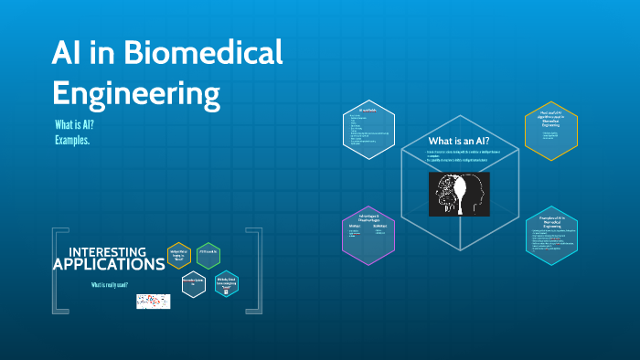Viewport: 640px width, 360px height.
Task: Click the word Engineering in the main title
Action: tap(136, 93)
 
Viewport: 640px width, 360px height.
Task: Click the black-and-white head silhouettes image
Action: tap(459, 194)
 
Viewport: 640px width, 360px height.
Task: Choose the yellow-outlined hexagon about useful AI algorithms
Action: tap(550, 131)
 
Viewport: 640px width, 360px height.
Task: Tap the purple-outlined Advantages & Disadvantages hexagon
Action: tap(368, 235)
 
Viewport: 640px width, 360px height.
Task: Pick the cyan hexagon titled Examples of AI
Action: tap(551, 235)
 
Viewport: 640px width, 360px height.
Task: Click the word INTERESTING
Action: tap(107, 251)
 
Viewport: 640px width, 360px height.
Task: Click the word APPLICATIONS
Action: tap(108, 265)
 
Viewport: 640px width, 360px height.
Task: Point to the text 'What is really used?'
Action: tap(112, 285)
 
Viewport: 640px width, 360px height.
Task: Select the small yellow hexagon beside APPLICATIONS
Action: tap(179, 256)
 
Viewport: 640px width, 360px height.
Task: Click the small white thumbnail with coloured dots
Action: tap(154, 301)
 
